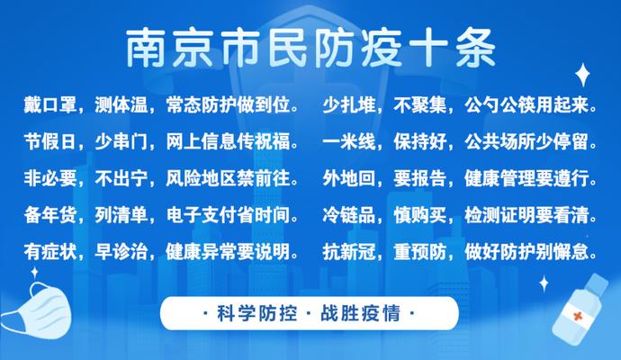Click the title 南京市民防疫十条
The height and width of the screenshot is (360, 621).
pos(310,49)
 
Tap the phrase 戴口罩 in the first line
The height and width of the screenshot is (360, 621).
pos(49,105)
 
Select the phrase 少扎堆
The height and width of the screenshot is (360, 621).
pos(349,105)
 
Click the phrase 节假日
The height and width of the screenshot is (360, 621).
pos(49,142)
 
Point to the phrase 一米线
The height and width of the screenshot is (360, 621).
pos(349,142)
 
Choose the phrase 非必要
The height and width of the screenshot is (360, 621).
pos(49,178)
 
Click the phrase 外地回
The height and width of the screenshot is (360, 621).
pos(349,178)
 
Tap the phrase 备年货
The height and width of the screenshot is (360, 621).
pos(49,215)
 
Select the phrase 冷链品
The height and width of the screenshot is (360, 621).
pos(349,215)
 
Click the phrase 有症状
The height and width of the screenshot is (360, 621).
pos(49,251)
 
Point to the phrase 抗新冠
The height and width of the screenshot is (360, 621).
pos(349,251)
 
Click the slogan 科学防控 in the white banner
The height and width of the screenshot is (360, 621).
pos(257,313)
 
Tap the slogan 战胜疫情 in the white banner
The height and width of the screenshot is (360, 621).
pos(360,313)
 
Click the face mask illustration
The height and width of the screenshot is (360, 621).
pos(38,310)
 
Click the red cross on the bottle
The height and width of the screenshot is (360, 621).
pos(577,316)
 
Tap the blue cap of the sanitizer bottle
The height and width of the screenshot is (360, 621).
pos(598,283)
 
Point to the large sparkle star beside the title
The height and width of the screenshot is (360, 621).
pos(582,75)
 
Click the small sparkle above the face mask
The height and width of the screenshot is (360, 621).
pos(35,273)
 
